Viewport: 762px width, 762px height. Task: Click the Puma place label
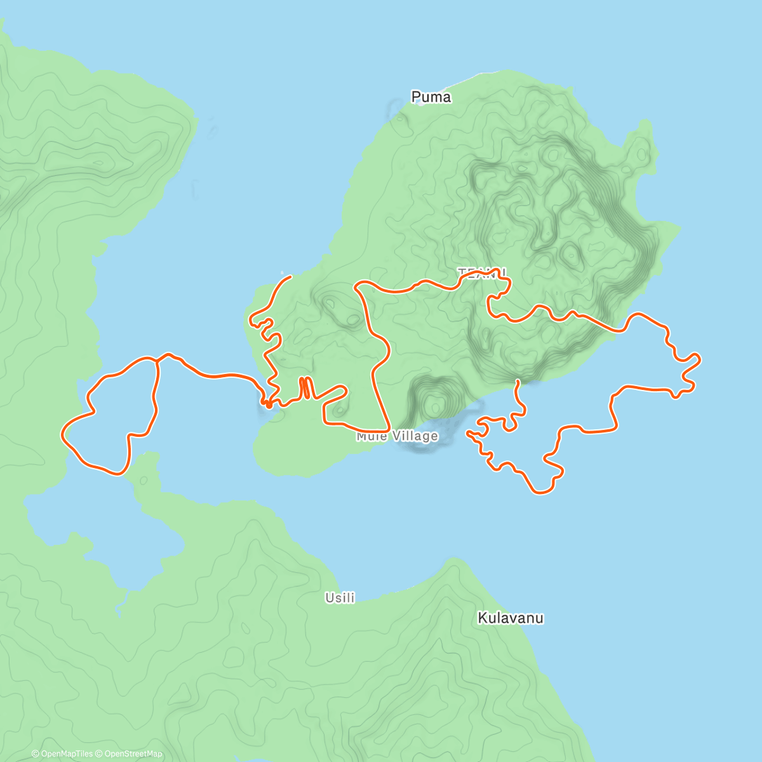(431, 97)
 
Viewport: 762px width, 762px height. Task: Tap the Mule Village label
(397, 436)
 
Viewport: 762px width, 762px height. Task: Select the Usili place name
(340, 598)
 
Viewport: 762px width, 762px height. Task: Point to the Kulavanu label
(510, 618)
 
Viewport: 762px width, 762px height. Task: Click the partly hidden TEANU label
(481, 273)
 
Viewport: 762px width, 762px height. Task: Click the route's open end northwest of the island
(290, 277)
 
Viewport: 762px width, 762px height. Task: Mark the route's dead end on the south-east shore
(519, 381)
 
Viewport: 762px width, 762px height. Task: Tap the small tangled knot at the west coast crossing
(269, 402)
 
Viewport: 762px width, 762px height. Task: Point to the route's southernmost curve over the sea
(540, 492)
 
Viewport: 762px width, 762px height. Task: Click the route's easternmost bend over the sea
(699, 359)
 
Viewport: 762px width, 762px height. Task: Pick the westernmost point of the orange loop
(62, 433)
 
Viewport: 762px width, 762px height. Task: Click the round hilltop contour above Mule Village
(436, 403)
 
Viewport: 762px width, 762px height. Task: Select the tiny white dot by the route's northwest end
(282, 274)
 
